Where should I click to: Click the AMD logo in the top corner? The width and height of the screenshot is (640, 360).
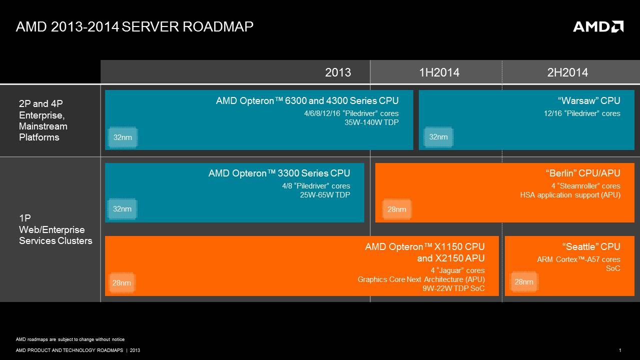tap(598, 26)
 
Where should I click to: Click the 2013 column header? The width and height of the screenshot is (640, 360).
tap(338, 72)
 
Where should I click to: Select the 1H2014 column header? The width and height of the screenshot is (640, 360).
tap(439, 72)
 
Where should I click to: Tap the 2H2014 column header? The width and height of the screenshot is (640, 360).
tap(567, 72)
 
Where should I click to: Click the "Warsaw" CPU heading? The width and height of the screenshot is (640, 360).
tap(589, 101)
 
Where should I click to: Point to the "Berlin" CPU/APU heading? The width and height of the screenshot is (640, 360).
tap(583, 173)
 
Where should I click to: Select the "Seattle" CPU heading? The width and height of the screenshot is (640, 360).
tap(591, 246)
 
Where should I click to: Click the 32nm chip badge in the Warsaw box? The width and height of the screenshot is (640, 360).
tap(438, 137)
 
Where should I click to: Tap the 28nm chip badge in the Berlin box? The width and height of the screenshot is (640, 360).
tap(397, 209)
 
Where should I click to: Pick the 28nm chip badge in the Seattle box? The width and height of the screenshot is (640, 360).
tap(524, 282)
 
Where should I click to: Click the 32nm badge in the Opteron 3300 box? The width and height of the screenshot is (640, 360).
tap(122, 209)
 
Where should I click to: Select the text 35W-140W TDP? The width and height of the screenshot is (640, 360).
tap(372, 122)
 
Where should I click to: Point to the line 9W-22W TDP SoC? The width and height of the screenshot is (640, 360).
tap(453, 288)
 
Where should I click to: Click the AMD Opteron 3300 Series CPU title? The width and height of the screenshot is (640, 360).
tap(279, 173)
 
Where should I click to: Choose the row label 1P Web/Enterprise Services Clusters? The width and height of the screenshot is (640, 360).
tap(56, 229)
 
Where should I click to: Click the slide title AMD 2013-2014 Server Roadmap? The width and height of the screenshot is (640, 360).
tap(135, 26)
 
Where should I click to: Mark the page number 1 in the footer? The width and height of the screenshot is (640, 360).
tap(620, 350)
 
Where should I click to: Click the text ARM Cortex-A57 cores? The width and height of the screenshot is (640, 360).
tap(578, 259)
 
